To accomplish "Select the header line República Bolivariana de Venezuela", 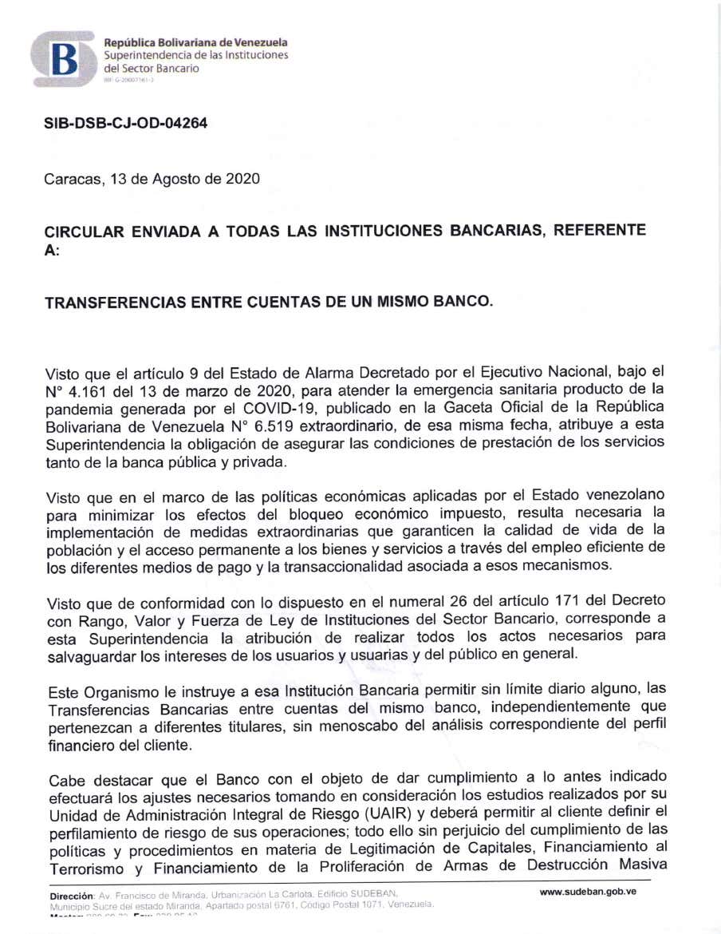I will tap(196, 42).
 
